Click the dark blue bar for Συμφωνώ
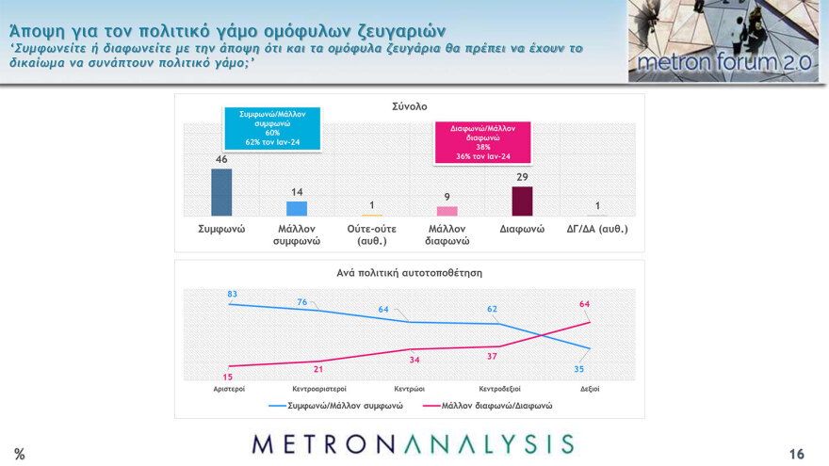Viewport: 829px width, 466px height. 221,192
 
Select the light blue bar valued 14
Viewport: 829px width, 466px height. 296,209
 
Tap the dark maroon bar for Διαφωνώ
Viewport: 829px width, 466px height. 522,201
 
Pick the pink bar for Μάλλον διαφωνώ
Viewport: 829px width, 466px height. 447,212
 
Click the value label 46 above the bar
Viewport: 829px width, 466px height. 221,160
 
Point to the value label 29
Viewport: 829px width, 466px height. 522,177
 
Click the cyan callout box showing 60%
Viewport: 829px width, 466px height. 272,129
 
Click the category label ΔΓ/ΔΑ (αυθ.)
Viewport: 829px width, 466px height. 596,229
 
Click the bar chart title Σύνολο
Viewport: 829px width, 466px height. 409,106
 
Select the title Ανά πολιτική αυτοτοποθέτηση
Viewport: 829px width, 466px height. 409,273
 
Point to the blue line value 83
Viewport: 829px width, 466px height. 231,295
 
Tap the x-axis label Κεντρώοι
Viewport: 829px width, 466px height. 409,388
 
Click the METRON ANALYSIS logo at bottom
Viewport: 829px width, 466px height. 413,444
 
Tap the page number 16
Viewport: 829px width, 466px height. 796,454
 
